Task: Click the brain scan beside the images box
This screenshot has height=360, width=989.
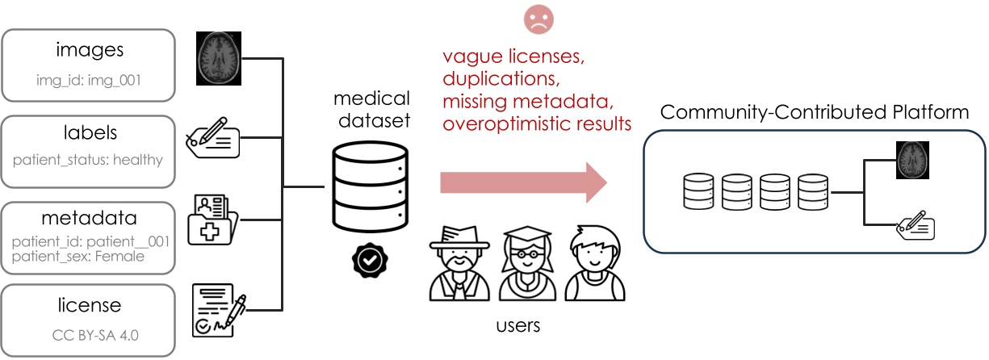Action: (220, 58)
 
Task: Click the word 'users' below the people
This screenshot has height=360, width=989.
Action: (517, 326)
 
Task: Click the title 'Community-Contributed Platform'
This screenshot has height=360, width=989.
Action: (815, 111)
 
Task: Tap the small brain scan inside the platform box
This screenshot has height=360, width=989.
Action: (913, 160)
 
